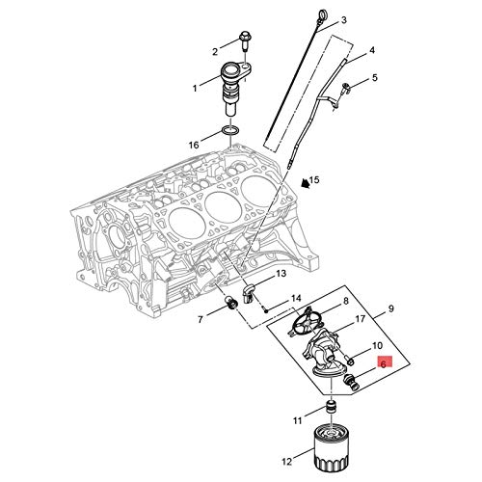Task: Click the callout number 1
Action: point(195,88)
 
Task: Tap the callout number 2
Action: point(215,51)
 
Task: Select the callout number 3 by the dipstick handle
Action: point(344,19)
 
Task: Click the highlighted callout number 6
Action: point(384,364)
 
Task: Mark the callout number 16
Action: point(195,145)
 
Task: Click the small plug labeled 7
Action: point(231,306)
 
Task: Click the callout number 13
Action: point(281,275)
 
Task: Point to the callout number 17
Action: point(360,319)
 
